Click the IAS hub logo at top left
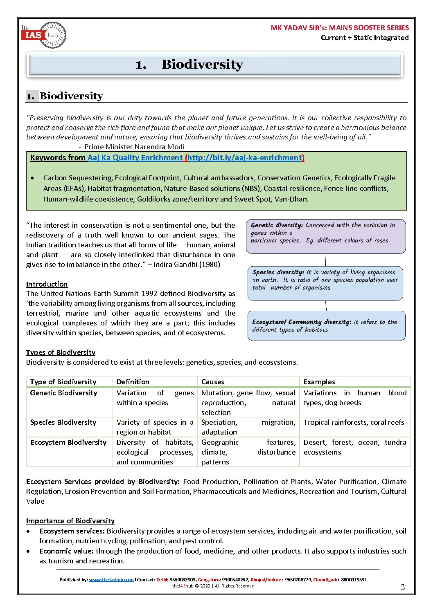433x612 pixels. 43,35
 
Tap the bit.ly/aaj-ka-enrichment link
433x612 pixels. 245,158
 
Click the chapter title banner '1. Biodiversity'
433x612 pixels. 215,65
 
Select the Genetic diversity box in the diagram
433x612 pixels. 326,236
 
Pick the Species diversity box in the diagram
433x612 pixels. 325,283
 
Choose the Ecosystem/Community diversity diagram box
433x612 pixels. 326,325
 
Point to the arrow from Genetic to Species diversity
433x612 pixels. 326,260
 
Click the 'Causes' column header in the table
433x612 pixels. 213,382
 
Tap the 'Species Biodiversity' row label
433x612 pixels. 63,422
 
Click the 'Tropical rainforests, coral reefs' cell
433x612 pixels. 354,422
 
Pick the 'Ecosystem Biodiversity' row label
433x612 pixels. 68,442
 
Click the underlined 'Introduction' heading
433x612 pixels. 47,284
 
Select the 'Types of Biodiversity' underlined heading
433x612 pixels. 61,352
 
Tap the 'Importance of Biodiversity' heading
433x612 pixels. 70,521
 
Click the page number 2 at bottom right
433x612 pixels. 403,587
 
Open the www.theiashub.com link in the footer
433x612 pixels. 111,580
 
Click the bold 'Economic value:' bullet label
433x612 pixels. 66,551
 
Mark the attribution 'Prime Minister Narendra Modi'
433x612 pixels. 134,147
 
